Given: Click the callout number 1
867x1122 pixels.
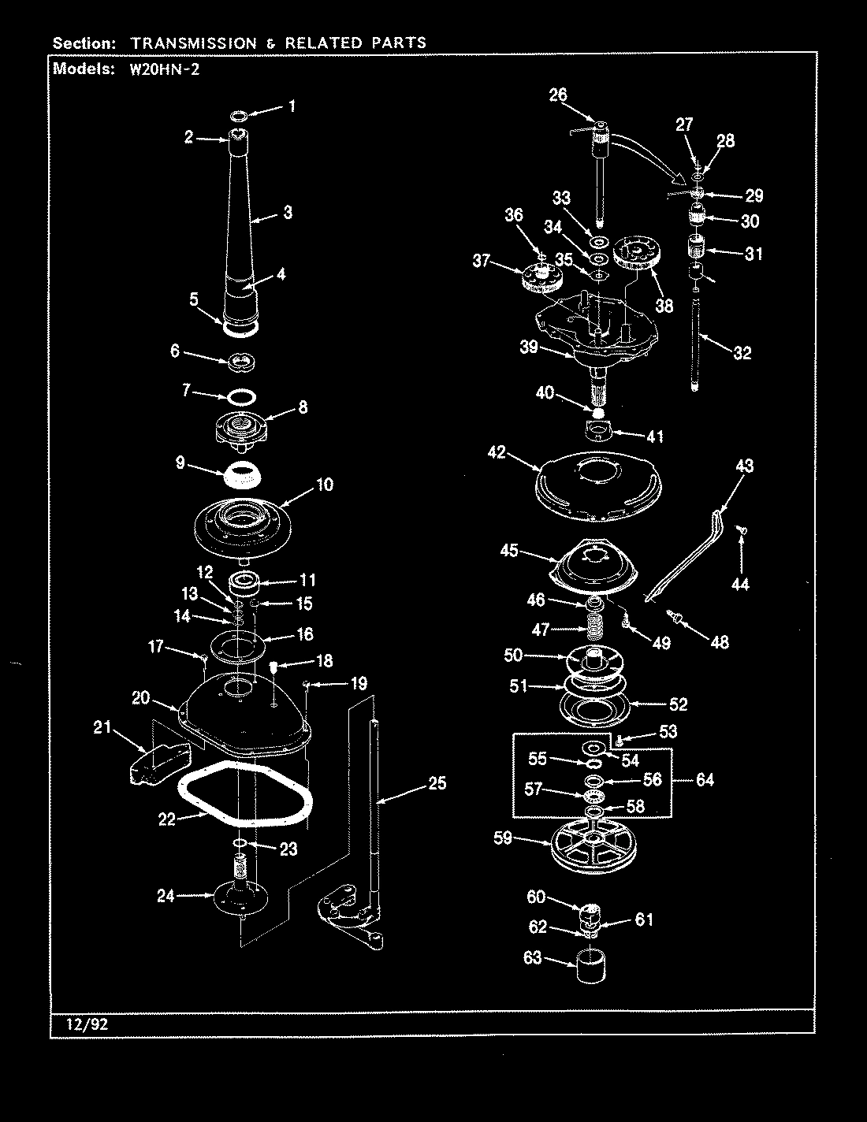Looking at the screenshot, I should pos(292,106).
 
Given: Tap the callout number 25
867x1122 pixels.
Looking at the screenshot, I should pos(437,782).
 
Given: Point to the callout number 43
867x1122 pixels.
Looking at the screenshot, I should pos(744,466).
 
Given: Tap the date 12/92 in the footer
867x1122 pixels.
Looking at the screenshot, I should pos(80,1024).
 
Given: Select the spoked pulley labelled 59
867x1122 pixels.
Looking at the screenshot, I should pos(596,847).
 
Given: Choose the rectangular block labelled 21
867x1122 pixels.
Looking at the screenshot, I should pos(158,762).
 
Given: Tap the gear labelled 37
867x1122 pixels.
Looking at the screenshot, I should pos(541,278).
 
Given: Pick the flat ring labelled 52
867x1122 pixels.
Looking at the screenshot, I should pos(596,706).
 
